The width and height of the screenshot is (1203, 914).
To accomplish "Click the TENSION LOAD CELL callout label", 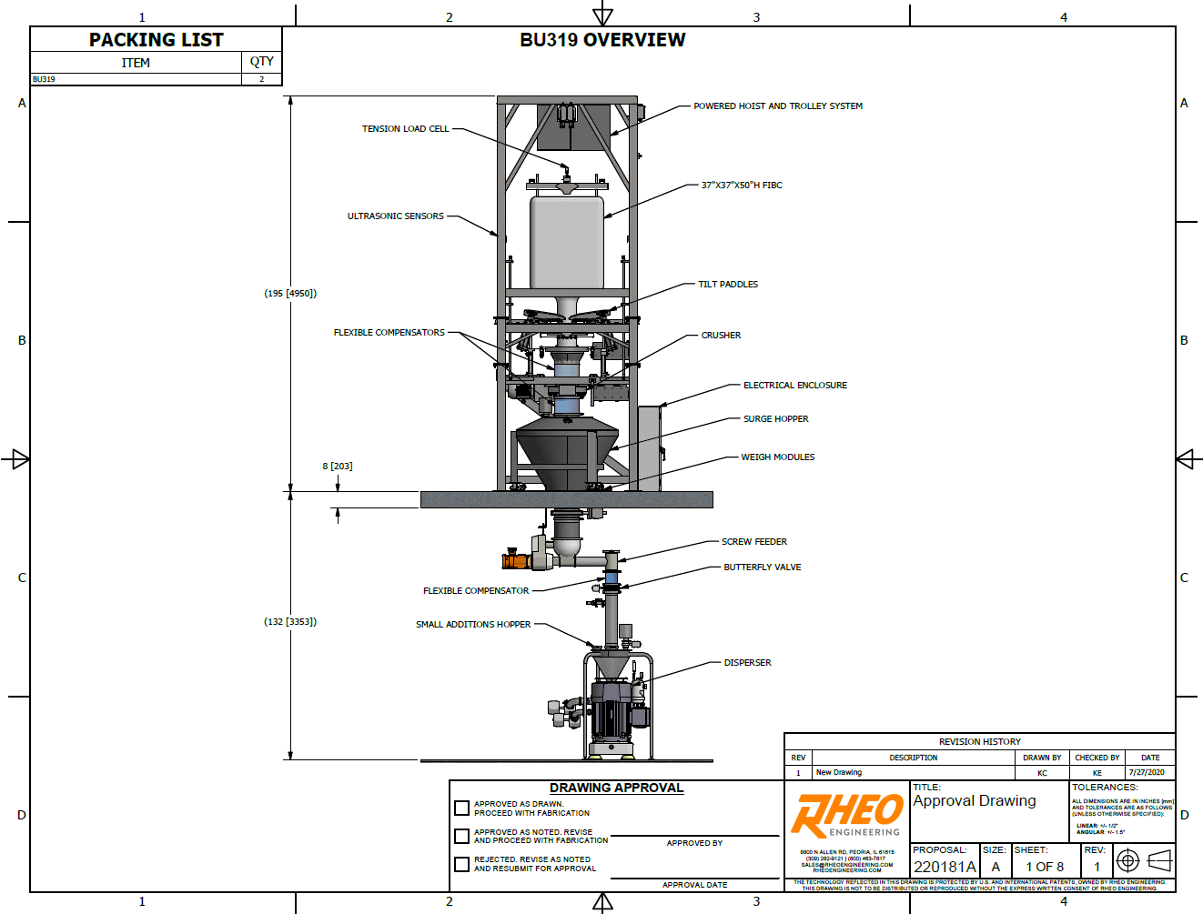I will [x=405, y=129].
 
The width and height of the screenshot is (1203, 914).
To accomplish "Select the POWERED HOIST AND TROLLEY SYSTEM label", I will [x=777, y=106].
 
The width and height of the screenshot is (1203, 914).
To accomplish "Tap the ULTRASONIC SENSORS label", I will [x=395, y=216].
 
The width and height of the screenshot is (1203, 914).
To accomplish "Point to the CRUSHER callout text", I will [x=721, y=336].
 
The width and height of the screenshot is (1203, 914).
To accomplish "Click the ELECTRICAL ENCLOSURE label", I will [x=794, y=386].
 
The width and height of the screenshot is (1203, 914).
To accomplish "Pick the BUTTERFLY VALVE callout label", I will [x=762, y=567].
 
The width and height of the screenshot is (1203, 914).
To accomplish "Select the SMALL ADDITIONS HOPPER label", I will [x=473, y=625].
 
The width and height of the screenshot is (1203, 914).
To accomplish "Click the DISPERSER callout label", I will [x=747, y=663].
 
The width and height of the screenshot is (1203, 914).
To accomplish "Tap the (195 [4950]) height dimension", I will [x=290, y=294].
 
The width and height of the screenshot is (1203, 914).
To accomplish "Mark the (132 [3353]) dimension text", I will [x=290, y=622].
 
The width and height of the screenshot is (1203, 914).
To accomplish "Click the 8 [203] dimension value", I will [x=337, y=467].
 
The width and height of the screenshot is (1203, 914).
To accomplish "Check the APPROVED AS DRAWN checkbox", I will [x=462, y=808].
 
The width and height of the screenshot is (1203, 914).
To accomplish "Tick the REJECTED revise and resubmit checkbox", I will [x=462, y=863].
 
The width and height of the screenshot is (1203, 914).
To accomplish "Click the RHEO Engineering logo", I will [x=847, y=815].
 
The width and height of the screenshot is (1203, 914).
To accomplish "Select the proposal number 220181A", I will [x=944, y=867].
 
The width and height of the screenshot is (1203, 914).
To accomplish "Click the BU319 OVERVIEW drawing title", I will [x=602, y=40].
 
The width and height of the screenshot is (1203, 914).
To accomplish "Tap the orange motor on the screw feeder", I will [x=515, y=560].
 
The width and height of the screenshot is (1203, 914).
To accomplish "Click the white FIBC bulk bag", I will [x=566, y=242].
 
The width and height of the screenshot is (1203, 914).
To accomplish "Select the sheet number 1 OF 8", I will [x=1045, y=867].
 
